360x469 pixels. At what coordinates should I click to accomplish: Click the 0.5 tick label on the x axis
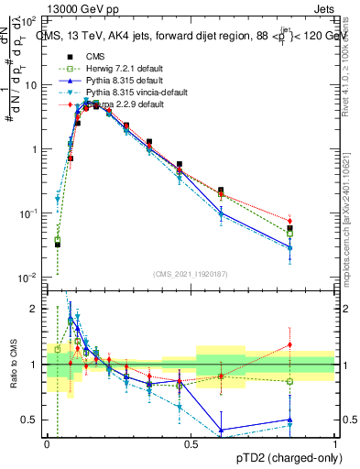coord(191,444)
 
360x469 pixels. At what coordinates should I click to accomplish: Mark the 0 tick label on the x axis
coord(47,444)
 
